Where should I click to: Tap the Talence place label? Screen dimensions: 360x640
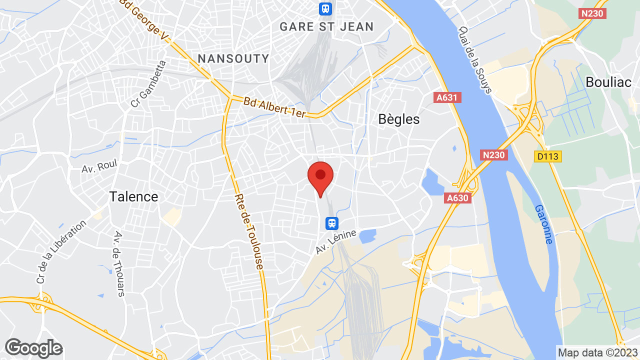[x=133, y=196]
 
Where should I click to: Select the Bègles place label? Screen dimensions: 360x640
[x=399, y=119]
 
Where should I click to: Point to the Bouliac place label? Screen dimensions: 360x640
[x=608, y=82]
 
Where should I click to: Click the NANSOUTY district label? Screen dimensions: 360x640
[x=233, y=58]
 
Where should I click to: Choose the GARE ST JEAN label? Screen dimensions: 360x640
[x=326, y=26]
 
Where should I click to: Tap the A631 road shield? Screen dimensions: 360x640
[x=447, y=97]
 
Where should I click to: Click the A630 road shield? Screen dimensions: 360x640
[x=457, y=198]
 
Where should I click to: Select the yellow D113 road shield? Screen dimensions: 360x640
[x=548, y=157]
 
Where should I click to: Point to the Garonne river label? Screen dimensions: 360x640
[x=543, y=224]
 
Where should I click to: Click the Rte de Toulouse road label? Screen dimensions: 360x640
[x=249, y=231]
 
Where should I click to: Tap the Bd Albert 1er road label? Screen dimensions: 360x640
[x=274, y=107]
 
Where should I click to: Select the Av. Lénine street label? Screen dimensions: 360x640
[x=336, y=241]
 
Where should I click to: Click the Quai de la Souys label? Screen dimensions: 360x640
[x=475, y=59]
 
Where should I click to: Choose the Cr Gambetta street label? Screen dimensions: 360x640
[x=148, y=84]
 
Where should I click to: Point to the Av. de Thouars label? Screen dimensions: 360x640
[x=119, y=264]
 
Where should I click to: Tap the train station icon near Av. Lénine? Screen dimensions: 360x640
[x=331, y=223]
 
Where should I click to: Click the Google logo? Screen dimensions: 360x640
[x=33, y=348]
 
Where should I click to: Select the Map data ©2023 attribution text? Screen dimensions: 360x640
[x=597, y=352]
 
